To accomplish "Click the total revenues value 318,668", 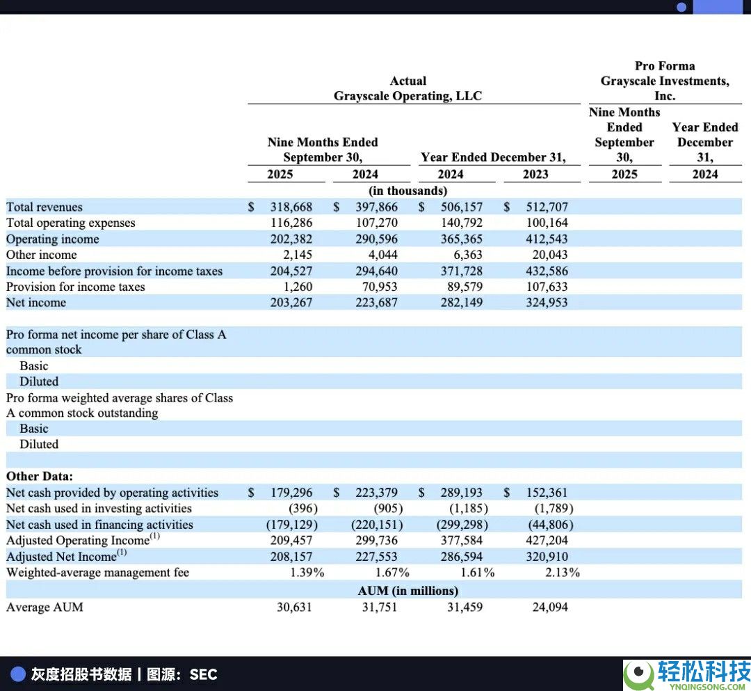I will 291,207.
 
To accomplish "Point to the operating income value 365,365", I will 461,239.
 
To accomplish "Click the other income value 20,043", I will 547,255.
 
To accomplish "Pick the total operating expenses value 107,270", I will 377,223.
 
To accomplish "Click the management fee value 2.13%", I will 563,573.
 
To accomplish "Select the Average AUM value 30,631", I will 294,607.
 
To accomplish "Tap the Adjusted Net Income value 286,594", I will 461,557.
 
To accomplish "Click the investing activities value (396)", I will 303,509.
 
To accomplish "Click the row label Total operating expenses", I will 71,223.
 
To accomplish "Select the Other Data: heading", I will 40,477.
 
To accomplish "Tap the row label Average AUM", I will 45,607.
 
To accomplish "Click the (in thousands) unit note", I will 407,190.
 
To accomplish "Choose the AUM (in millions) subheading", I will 408,591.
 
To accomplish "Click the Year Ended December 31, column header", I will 493,157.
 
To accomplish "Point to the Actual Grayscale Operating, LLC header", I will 407,88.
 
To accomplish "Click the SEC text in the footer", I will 203,674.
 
